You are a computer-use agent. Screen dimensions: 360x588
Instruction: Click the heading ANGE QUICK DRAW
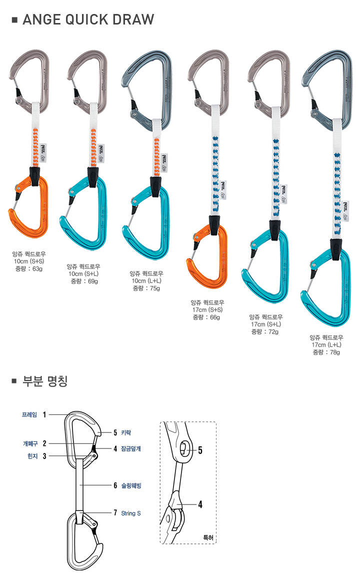(x=88, y=19)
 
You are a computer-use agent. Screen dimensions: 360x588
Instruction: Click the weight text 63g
(x=37, y=269)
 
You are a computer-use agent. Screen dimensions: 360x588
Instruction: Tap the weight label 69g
(x=92, y=281)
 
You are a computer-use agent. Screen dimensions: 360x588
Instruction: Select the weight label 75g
(x=155, y=288)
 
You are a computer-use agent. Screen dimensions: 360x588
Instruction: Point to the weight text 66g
(x=215, y=317)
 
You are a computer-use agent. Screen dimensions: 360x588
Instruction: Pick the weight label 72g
(x=273, y=332)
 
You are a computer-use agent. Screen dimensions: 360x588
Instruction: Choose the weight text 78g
(x=335, y=352)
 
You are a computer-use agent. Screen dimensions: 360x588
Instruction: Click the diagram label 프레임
(x=29, y=415)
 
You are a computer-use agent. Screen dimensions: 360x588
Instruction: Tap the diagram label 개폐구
(x=30, y=443)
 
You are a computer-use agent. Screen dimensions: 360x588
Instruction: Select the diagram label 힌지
(x=32, y=456)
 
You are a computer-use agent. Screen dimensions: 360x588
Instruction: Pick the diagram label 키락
(x=126, y=433)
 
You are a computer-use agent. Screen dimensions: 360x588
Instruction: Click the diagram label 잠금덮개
(x=131, y=448)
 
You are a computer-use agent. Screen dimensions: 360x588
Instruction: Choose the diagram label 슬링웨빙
(x=131, y=485)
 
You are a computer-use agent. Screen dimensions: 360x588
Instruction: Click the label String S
(x=131, y=513)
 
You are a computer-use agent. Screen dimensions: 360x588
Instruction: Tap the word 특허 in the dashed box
(x=208, y=537)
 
